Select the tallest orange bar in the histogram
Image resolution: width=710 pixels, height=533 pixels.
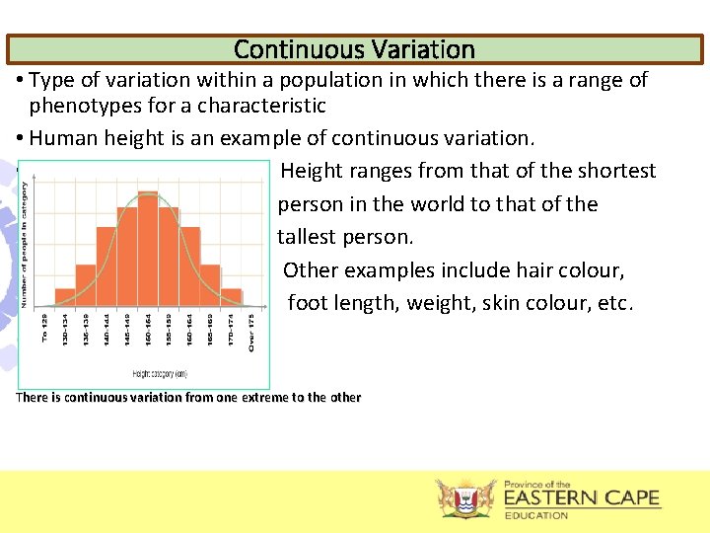148,247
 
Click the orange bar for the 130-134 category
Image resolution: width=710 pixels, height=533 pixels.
65,295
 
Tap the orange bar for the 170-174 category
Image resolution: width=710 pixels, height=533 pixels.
231,295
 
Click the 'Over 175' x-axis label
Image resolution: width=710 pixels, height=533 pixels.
251,332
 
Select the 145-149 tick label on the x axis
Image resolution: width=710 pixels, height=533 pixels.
127,331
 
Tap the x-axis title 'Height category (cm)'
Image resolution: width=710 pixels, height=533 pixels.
160,373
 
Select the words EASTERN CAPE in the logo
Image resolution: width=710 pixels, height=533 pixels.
582,498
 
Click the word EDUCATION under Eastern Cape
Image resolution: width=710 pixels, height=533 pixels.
536,515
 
